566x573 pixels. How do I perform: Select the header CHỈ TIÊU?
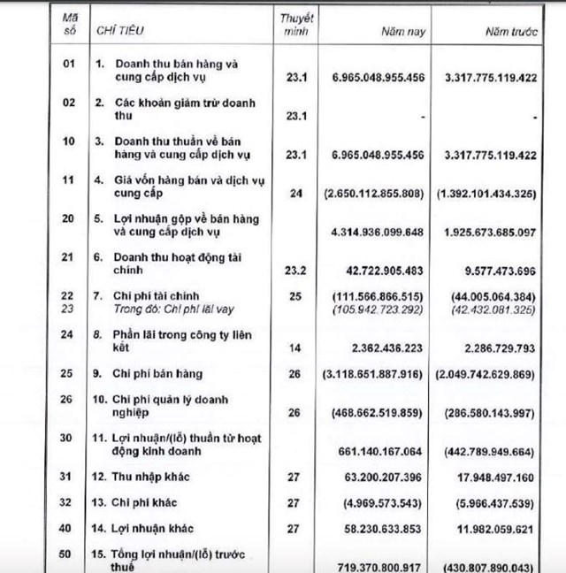click(x=121, y=31)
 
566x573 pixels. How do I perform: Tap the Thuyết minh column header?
click(x=297, y=24)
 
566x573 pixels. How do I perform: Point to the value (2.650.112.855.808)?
click(x=378, y=192)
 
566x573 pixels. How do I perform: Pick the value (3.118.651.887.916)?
click(x=378, y=375)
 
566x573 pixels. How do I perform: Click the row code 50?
click(x=68, y=554)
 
